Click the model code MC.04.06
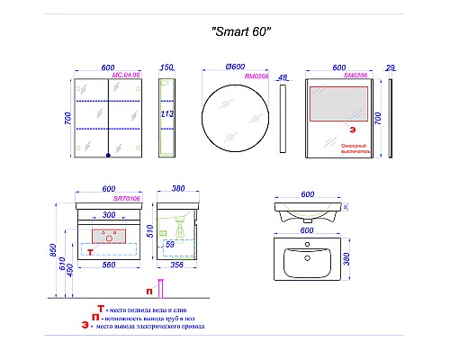point(124,77)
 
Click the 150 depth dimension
point(167,67)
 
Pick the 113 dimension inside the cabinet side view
point(166,115)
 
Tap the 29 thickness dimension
point(390,67)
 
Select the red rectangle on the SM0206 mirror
point(341,106)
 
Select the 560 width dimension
point(107,266)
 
